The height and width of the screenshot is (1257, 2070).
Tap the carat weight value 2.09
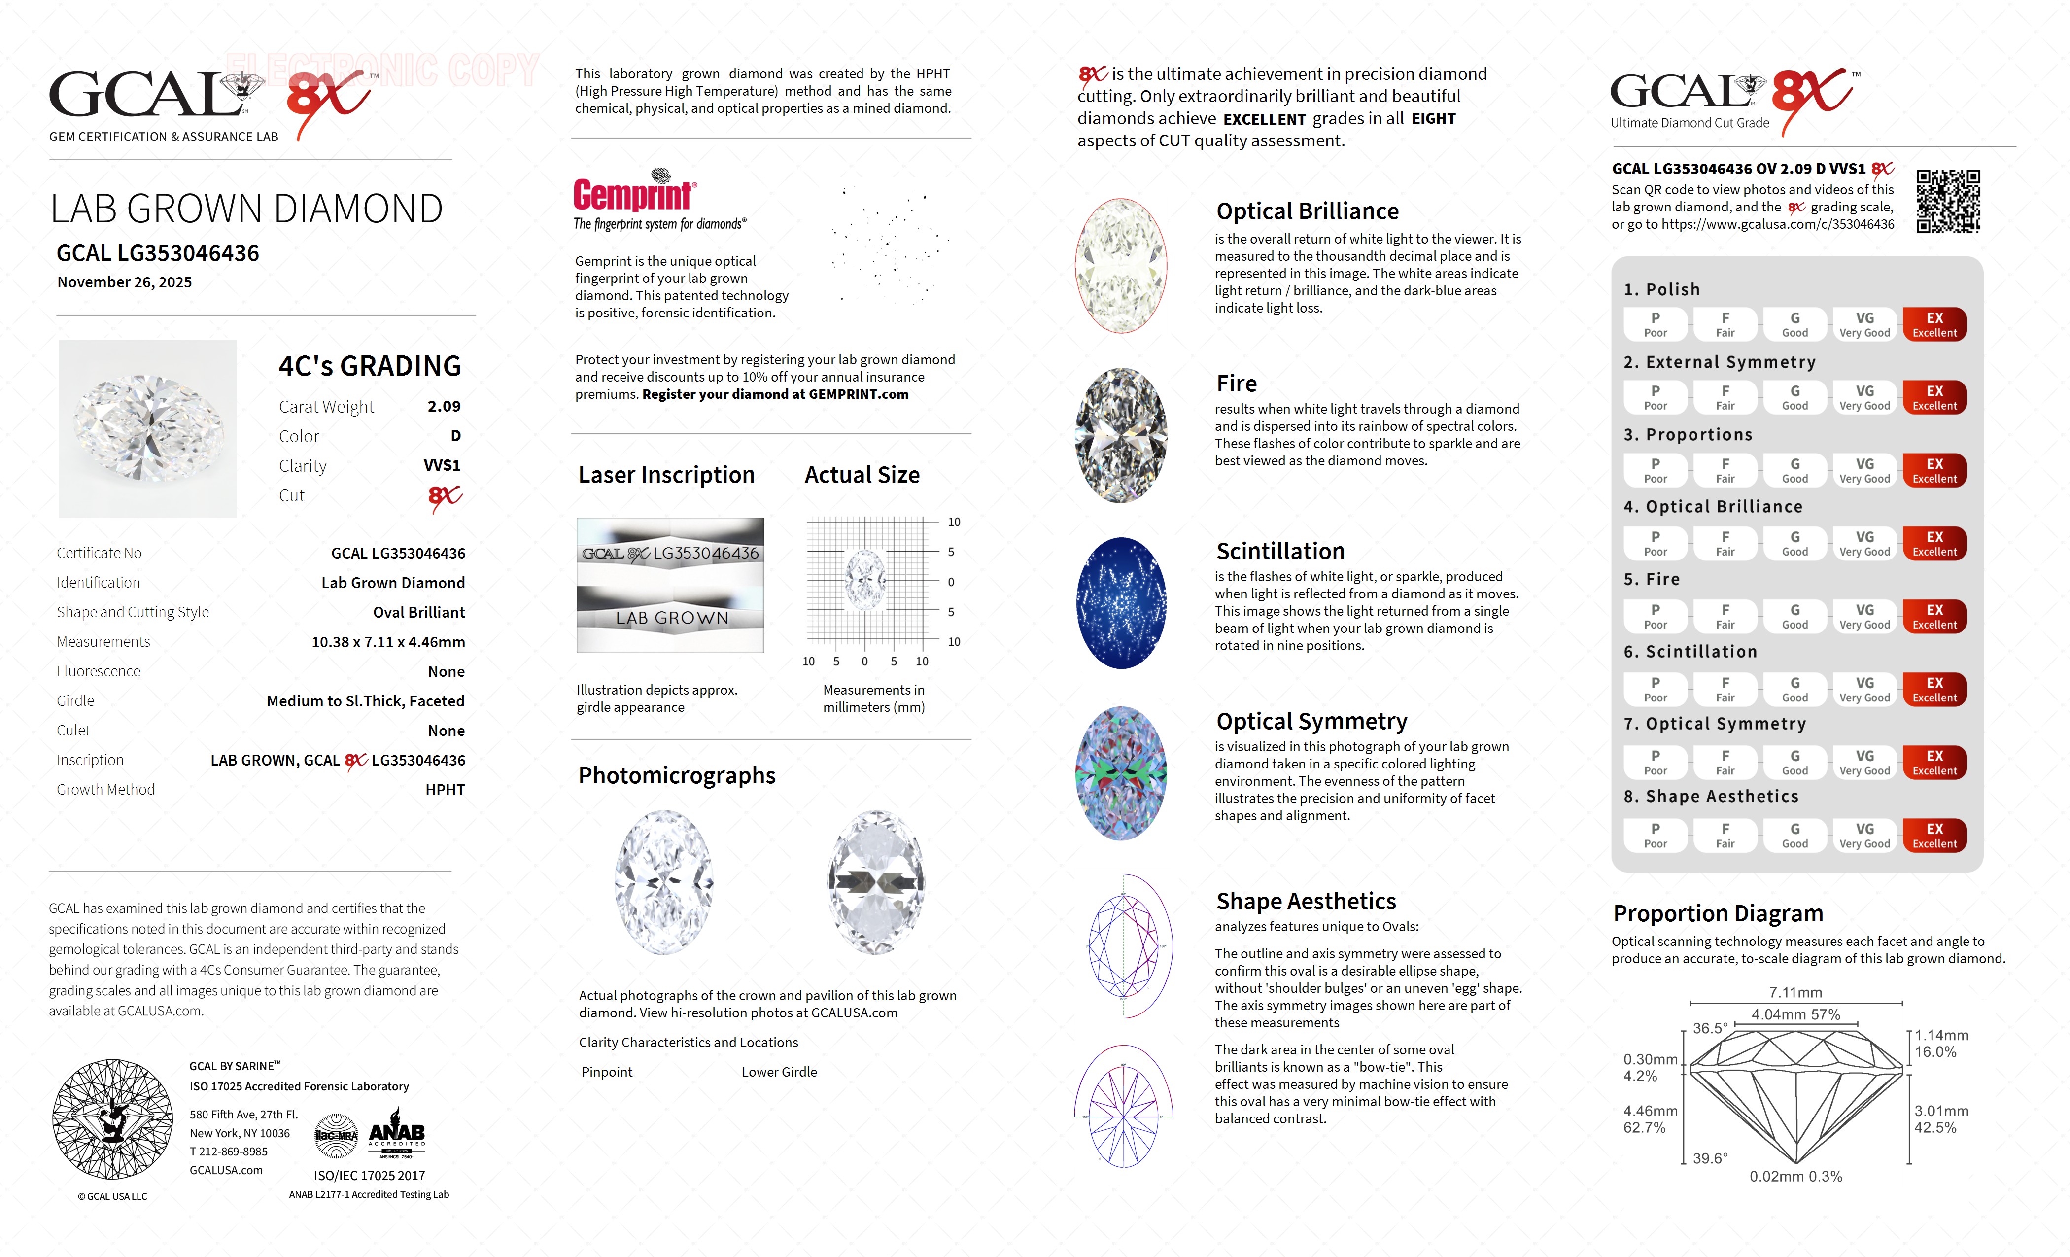click(x=444, y=407)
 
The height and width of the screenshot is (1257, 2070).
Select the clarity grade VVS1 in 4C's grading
click(x=442, y=465)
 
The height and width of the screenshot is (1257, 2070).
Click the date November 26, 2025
click(x=124, y=282)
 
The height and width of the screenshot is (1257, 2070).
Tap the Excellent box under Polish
click(x=1934, y=324)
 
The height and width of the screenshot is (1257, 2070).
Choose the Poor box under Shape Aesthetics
click(x=1655, y=835)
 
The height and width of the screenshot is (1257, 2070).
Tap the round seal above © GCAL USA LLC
click(x=112, y=1119)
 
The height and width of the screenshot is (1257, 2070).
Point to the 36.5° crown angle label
click(x=1710, y=1028)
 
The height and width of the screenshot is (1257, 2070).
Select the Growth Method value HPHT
click(x=445, y=790)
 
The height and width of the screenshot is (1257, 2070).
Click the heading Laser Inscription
click(x=666, y=476)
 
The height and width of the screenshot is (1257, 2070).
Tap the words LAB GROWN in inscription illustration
click(x=671, y=619)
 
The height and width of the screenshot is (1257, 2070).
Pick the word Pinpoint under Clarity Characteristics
click(x=607, y=1072)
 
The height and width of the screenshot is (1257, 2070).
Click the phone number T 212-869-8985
click(x=229, y=1152)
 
